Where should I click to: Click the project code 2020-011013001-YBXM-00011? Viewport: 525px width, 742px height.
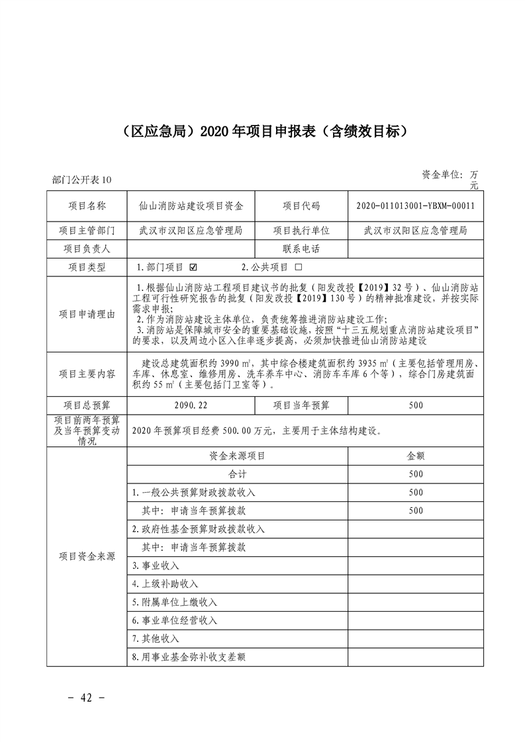pyautogui.click(x=415, y=206)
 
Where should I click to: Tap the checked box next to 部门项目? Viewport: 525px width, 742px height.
pyautogui.click(x=193, y=268)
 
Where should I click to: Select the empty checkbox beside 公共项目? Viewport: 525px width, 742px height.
pyautogui.click(x=298, y=268)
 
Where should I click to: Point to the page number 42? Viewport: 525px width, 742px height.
pyautogui.click(x=87, y=698)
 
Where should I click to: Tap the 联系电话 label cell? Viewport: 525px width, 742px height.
pyautogui.click(x=301, y=249)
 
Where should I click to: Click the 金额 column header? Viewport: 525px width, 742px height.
pyautogui.click(x=415, y=456)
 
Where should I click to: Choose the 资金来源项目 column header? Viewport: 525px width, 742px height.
pyautogui.click(x=237, y=456)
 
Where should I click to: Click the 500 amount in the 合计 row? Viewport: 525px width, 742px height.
pyautogui.click(x=415, y=474)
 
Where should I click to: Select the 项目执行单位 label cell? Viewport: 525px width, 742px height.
pyautogui.click(x=301, y=230)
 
